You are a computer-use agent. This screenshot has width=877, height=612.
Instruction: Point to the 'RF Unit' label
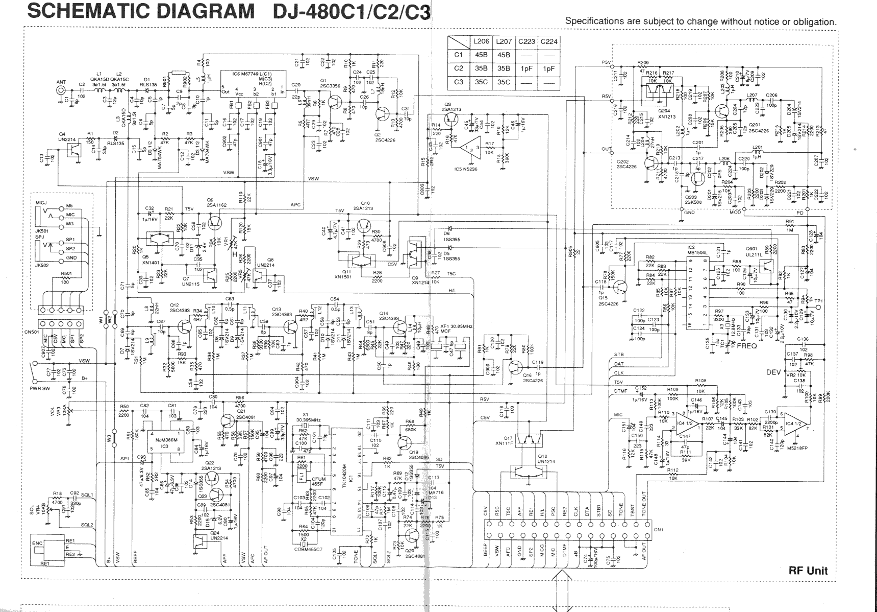click(808, 571)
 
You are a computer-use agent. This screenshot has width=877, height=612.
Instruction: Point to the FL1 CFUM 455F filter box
click(302, 476)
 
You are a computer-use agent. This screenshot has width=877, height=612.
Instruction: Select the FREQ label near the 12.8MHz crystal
click(747, 345)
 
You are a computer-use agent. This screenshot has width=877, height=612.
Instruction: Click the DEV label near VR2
click(773, 372)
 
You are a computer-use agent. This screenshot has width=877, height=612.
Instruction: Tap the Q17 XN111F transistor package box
click(527, 438)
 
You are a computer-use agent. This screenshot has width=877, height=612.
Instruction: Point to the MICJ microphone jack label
click(41, 203)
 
